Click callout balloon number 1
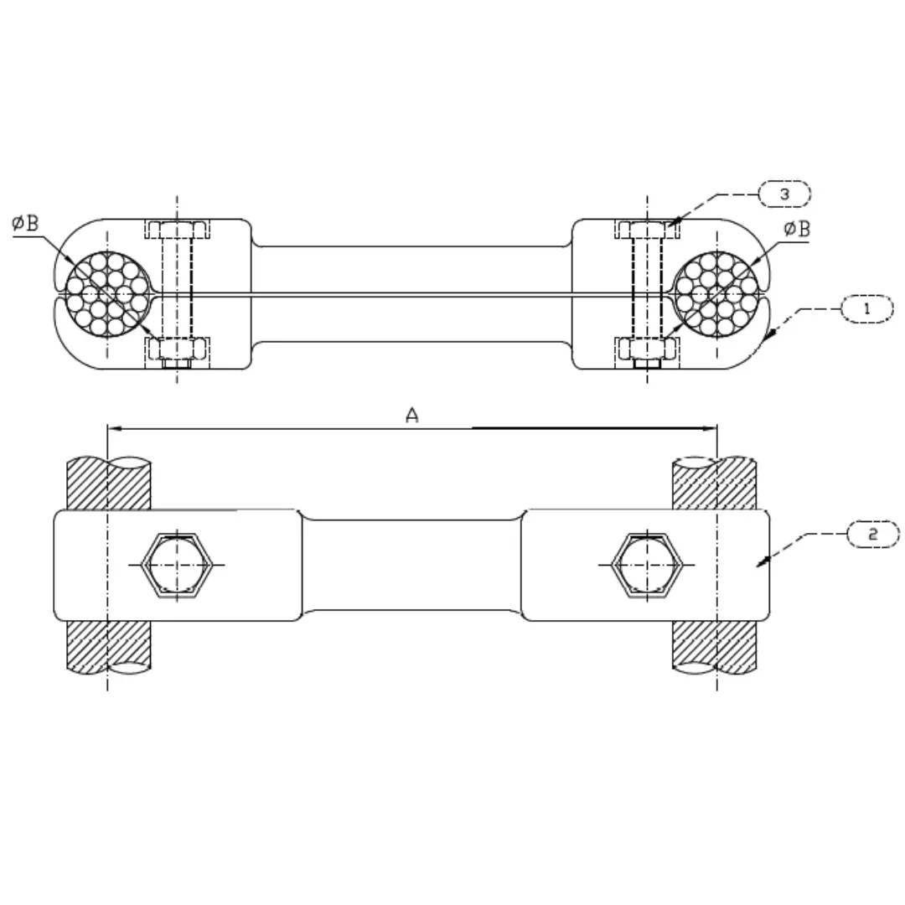click(x=866, y=309)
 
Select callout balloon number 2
click(x=873, y=534)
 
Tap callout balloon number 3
click(x=784, y=194)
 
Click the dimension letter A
click(x=411, y=415)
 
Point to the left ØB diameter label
click(x=26, y=225)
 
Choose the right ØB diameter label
click(x=797, y=229)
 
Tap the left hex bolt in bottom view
click(x=176, y=565)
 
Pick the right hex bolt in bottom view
click(x=646, y=565)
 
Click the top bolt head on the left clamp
click(x=177, y=229)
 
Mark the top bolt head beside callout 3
click(x=647, y=229)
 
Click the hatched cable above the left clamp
click(x=108, y=484)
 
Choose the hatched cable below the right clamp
click(x=716, y=646)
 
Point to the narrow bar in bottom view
click(x=411, y=565)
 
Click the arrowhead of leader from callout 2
click(x=760, y=565)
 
